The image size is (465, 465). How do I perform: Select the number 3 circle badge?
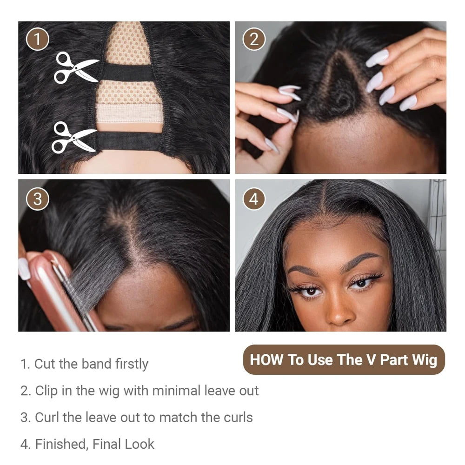37,199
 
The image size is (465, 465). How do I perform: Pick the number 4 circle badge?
254,199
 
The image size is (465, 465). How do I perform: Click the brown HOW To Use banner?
344,359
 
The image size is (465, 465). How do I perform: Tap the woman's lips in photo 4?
339,328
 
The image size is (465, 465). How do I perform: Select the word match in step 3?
179,417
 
